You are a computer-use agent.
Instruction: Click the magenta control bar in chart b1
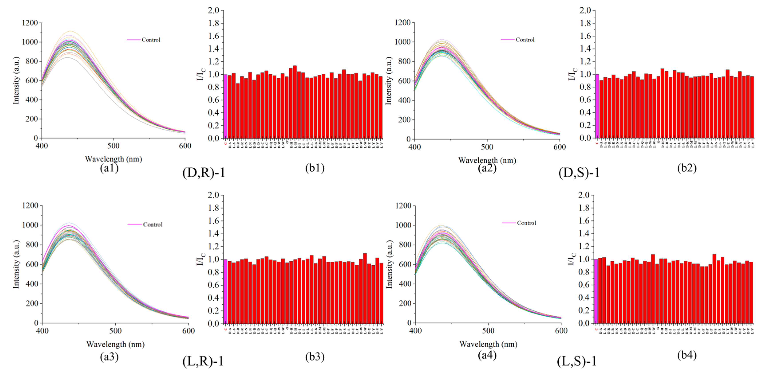225,106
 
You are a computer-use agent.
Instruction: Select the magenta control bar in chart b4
596,291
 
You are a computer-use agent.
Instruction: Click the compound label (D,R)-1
204,173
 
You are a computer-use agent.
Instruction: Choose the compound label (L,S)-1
576,361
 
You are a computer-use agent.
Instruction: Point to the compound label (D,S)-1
579,173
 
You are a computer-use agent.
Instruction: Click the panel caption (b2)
687,168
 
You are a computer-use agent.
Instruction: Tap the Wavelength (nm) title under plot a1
113,159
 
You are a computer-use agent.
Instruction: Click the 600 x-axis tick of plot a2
560,147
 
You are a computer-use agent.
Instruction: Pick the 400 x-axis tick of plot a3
42,331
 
